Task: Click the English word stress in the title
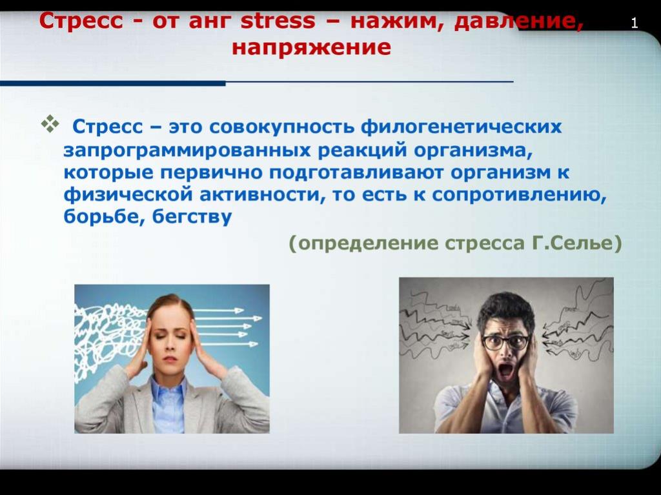coord(278,21)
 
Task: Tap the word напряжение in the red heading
coord(312,48)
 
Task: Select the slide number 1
coord(634,23)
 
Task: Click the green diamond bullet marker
coord(50,124)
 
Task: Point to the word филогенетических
coord(461,127)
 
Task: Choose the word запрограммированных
coord(188,151)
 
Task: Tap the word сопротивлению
coord(519,195)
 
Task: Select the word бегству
coord(192,217)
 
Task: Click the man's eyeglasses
coord(506,342)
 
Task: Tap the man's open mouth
coord(506,370)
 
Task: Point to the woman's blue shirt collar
coord(168,389)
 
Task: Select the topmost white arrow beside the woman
coord(219,311)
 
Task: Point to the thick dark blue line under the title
coord(112,83)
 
